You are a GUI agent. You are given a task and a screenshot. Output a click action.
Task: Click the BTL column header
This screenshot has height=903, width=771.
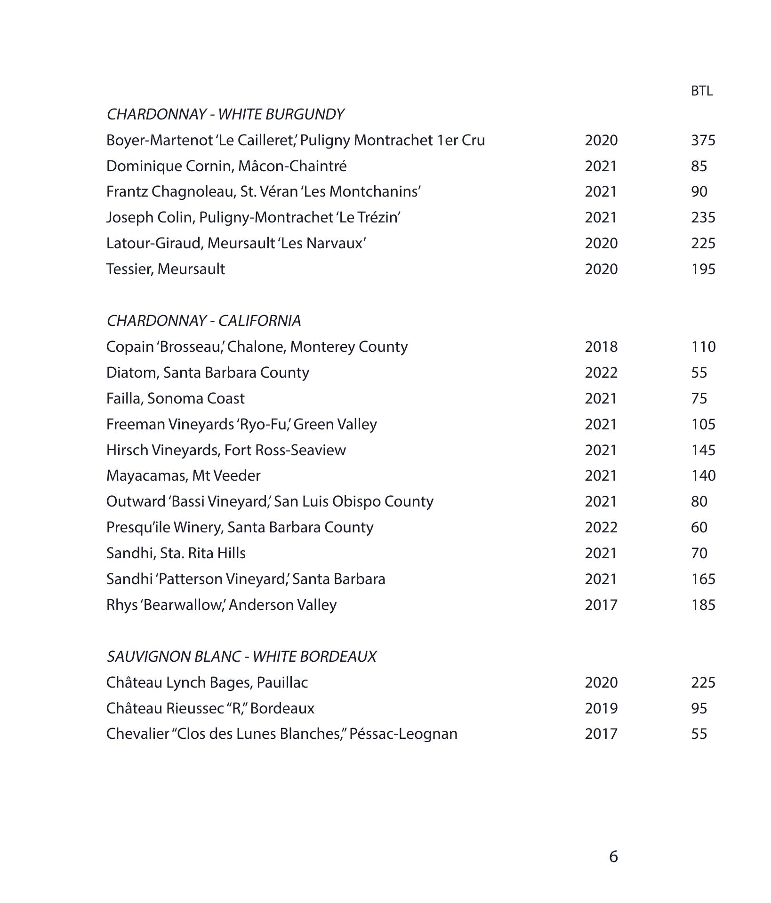pos(701,91)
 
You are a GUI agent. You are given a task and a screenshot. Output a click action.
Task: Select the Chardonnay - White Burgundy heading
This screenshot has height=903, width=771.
pos(225,114)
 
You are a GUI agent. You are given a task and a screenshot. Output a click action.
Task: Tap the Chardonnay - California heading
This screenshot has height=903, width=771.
pos(203,321)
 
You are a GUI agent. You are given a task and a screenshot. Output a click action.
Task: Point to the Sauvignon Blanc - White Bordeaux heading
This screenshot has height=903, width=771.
pos(241,657)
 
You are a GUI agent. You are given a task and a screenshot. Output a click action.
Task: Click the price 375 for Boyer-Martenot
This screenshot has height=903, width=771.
pos(703,140)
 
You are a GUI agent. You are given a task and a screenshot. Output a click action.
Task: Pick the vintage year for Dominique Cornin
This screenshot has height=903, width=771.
pos(601,166)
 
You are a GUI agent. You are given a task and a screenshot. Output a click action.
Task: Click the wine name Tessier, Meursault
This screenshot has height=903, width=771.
pos(165,269)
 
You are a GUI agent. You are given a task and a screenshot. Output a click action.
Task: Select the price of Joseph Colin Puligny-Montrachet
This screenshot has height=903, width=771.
pos(703,217)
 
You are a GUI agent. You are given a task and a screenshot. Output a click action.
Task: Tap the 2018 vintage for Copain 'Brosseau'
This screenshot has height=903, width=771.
pos(601,347)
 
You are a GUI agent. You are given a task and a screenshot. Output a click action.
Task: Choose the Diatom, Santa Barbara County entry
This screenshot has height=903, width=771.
pos(208,372)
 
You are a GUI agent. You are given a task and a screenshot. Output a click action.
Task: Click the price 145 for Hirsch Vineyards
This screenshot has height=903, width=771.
pos(703,450)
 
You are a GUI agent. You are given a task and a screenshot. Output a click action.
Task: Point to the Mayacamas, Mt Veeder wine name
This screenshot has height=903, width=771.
pos(183,475)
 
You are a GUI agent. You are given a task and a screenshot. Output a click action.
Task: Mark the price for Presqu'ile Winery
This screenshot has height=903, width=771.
pos(699,527)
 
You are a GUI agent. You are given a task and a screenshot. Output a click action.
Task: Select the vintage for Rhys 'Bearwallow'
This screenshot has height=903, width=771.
pos(601,605)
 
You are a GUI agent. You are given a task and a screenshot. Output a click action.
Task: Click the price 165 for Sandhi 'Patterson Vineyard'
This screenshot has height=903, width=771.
pos(703,579)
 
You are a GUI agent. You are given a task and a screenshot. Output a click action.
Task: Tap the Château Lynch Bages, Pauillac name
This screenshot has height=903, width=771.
pos(207,682)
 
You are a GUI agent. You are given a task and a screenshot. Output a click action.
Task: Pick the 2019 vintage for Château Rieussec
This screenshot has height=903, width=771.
pos(601,708)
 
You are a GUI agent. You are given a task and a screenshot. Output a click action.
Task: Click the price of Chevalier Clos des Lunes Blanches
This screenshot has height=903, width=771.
pos(699,734)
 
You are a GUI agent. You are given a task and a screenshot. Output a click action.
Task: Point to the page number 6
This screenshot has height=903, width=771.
pos(613,857)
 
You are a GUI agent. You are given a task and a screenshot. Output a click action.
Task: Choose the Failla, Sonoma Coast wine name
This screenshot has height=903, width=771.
pos(175,398)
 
